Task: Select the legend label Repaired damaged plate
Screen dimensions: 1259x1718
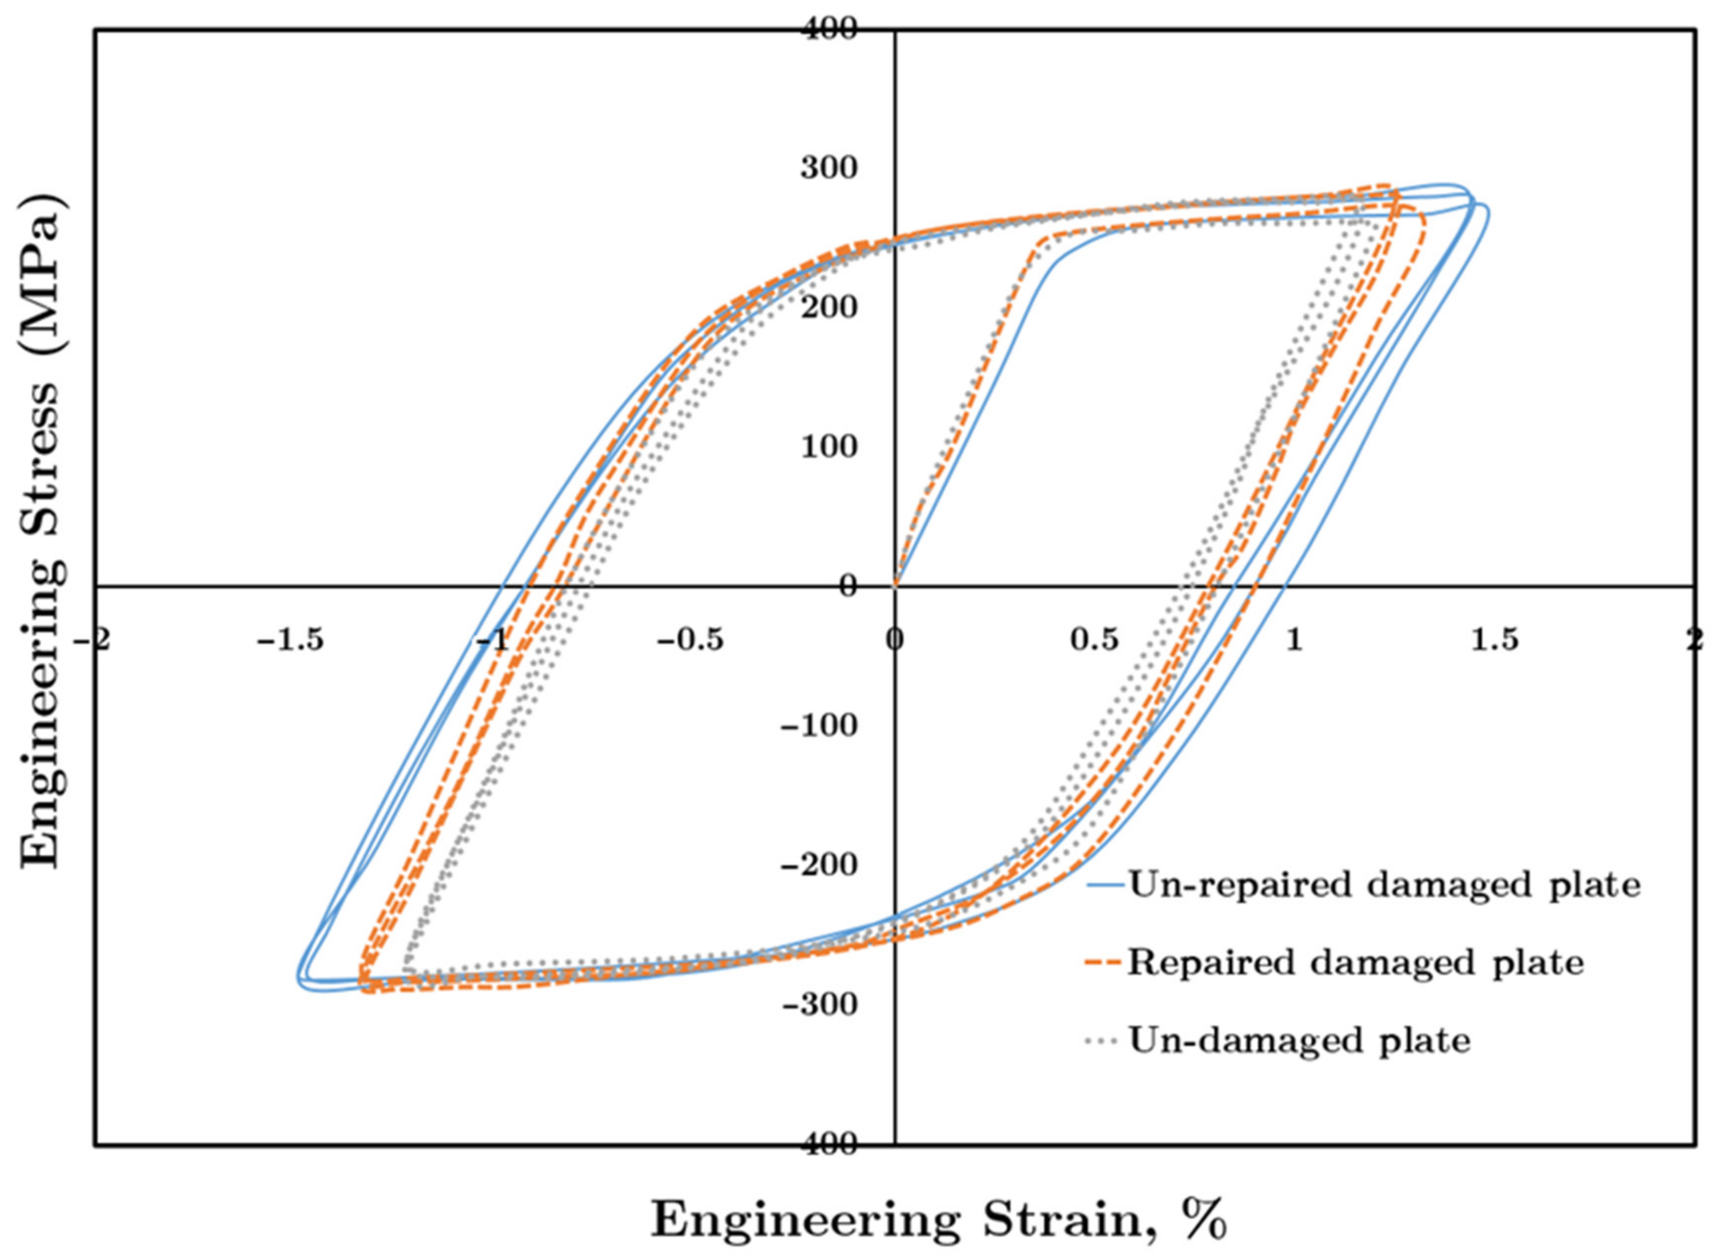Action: pos(1356,963)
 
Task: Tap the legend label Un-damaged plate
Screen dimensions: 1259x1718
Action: pos(1299,1040)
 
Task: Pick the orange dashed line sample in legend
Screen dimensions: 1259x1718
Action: pos(1104,963)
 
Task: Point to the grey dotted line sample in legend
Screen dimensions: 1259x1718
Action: pos(1104,1040)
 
